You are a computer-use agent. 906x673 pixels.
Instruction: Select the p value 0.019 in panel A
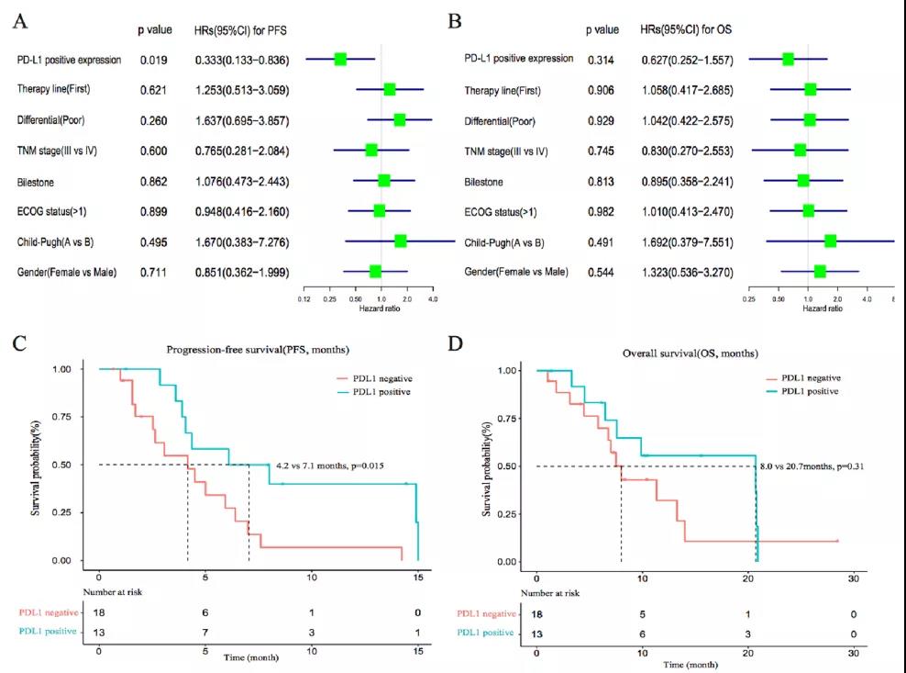pyautogui.click(x=152, y=61)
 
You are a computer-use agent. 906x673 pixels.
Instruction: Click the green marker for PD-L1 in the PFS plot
pyautogui.click(x=340, y=59)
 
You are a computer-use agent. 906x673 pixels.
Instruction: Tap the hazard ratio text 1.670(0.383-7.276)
pyautogui.click(x=242, y=241)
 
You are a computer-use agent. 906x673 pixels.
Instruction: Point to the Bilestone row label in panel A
pyautogui.click(x=37, y=182)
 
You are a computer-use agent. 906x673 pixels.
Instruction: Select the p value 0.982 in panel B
pyautogui.click(x=601, y=212)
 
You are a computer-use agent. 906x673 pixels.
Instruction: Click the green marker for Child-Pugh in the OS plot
pyautogui.click(x=830, y=241)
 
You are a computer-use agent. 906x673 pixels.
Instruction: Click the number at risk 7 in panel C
pyautogui.click(x=205, y=633)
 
